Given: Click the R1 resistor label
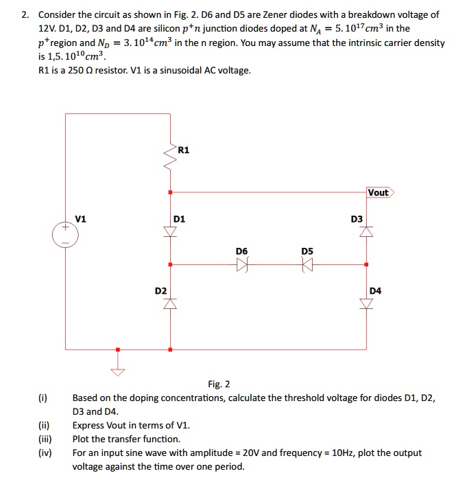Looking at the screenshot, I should tap(183, 150).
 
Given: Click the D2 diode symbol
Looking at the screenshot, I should tap(169, 303).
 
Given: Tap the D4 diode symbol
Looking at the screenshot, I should tap(366, 303).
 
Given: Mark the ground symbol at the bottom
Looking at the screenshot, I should tap(118, 372).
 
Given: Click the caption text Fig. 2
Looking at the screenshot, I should tap(219, 384).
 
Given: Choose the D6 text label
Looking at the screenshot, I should tap(241, 252).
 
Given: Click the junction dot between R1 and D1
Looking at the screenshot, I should tap(169, 192).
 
